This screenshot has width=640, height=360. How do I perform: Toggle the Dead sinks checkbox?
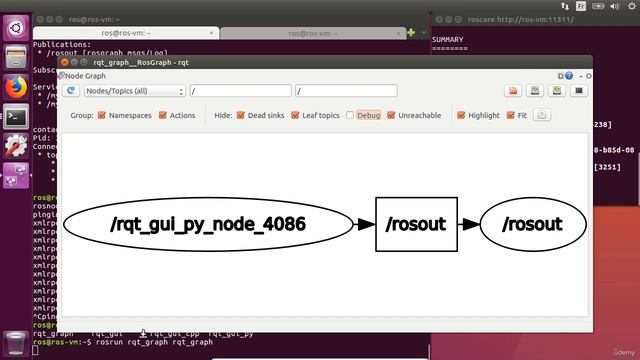(x=241, y=115)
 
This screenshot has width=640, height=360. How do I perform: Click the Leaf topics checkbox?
(x=297, y=115)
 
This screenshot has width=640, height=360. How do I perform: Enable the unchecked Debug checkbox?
(x=351, y=115)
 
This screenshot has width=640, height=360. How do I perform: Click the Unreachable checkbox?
(x=391, y=115)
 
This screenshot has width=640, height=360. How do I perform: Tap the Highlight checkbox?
(x=461, y=115)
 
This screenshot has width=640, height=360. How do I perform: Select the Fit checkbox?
(x=511, y=115)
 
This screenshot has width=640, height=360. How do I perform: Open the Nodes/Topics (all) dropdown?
(x=135, y=91)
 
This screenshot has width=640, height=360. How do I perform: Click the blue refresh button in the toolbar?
(x=71, y=91)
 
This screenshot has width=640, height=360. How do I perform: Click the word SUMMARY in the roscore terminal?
(x=449, y=39)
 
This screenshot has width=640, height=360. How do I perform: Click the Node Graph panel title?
(x=87, y=75)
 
